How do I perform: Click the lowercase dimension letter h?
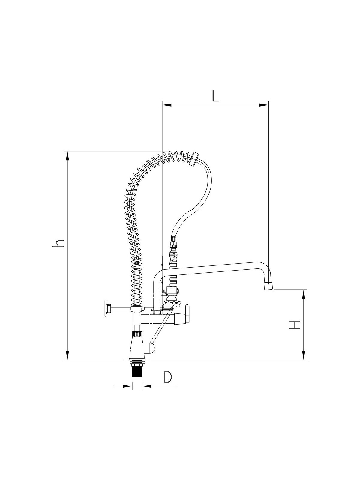tap(58, 244)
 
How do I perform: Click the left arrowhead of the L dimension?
tap(166, 105)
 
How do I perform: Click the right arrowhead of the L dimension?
tap(264, 105)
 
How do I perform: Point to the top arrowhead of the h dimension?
tap(68, 156)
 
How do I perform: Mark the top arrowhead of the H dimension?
tap(304, 294)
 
